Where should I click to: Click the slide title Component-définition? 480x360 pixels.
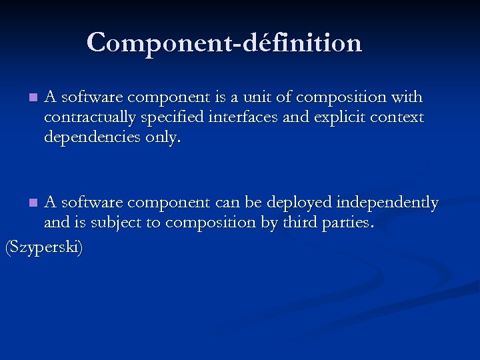224,43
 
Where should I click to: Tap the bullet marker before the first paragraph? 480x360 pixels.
34,99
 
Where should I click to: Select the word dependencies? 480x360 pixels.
91,137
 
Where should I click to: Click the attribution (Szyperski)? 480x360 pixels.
44,248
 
